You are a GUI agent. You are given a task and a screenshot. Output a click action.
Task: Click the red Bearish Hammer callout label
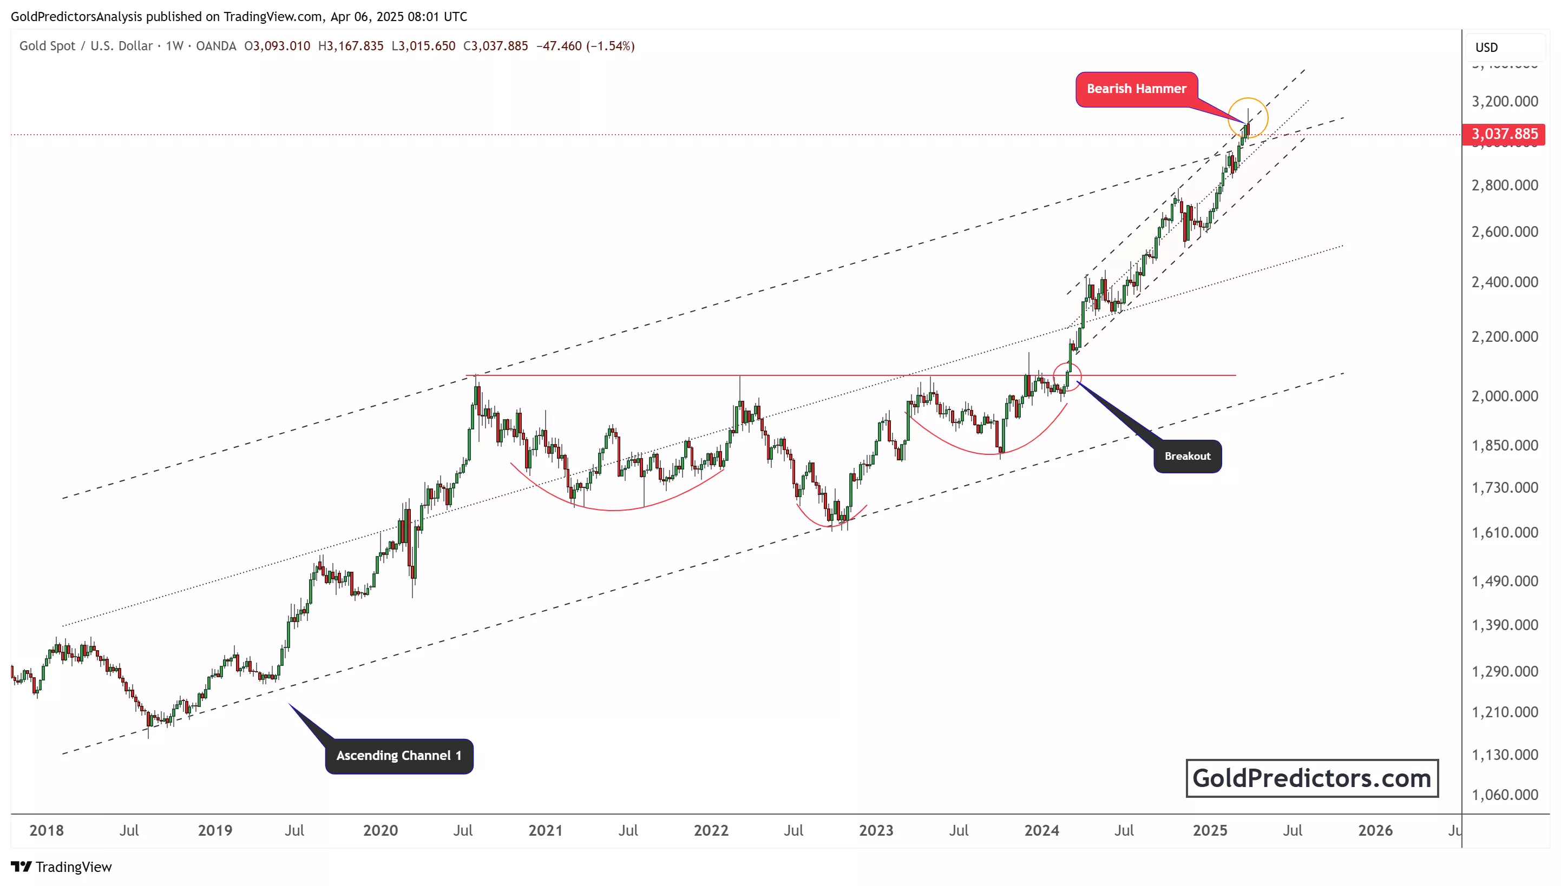tap(1136, 89)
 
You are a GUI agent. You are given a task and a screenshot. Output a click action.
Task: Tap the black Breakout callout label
tap(1186, 457)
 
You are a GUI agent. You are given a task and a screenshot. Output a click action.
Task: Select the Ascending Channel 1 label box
tap(399, 756)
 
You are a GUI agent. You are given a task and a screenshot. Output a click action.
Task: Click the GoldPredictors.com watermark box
tap(1311, 778)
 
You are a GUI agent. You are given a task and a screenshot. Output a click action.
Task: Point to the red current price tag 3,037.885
tap(1503, 134)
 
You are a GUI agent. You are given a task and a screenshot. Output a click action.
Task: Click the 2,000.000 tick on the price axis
tap(1504, 396)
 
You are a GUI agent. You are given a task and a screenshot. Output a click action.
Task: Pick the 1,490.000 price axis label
tap(1504, 581)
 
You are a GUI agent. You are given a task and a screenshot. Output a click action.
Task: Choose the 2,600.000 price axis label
tap(1504, 232)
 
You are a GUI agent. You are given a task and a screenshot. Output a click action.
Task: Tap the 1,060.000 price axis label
tap(1504, 795)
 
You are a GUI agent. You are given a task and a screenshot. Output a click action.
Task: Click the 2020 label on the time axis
tap(381, 831)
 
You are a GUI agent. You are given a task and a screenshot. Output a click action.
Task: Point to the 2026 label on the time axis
tap(1375, 831)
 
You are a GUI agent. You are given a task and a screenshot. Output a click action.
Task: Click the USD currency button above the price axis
tap(1486, 48)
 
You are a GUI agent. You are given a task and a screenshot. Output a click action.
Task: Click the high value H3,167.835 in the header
tap(351, 47)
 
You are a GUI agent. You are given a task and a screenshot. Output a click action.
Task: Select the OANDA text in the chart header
tap(216, 47)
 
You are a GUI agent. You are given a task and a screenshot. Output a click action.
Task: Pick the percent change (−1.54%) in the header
tap(610, 47)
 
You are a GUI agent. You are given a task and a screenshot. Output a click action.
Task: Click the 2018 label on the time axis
tap(46, 831)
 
